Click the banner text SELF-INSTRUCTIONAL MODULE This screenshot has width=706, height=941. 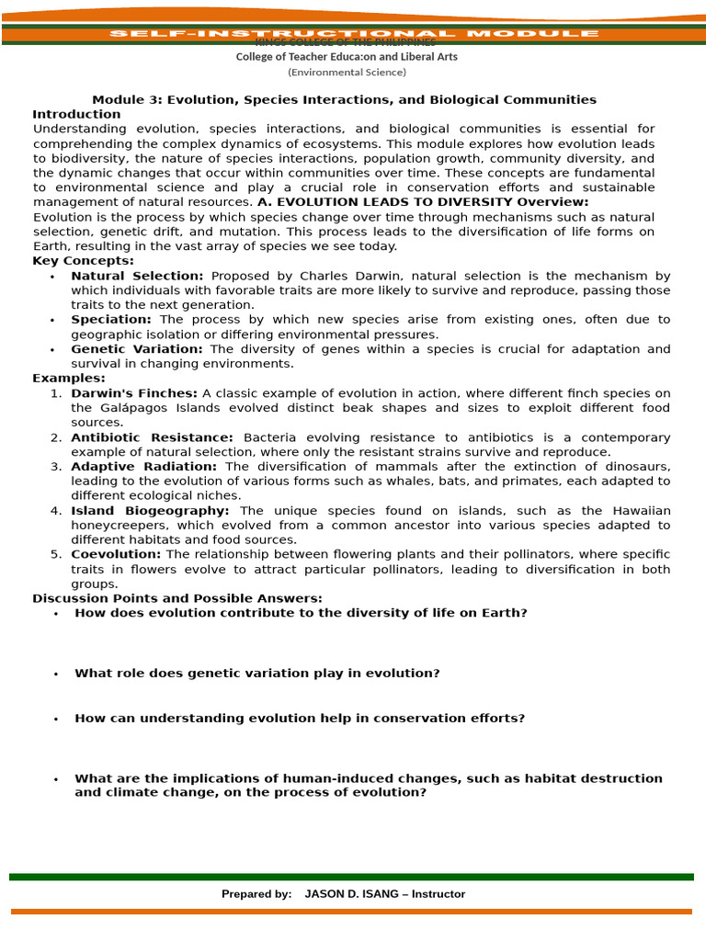click(x=354, y=34)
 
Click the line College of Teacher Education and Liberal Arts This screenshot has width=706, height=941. click(x=347, y=57)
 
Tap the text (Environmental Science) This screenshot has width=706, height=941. click(x=347, y=73)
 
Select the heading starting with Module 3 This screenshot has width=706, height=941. click(x=344, y=99)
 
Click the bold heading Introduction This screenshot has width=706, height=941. click(x=76, y=114)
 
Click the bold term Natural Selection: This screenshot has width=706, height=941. click(x=137, y=276)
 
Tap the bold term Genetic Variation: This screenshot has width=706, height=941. click(x=138, y=349)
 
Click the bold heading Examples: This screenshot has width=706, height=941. click(x=69, y=378)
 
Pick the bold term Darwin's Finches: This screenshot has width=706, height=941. click(x=134, y=393)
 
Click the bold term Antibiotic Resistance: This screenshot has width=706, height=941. click(x=152, y=437)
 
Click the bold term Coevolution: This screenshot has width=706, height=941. click(x=116, y=554)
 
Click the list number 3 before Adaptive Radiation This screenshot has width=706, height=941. click(x=56, y=467)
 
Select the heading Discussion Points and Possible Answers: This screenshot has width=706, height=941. click(x=177, y=598)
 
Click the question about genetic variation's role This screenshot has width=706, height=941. click(x=256, y=674)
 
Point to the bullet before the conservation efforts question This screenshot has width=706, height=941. click(x=56, y=720)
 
